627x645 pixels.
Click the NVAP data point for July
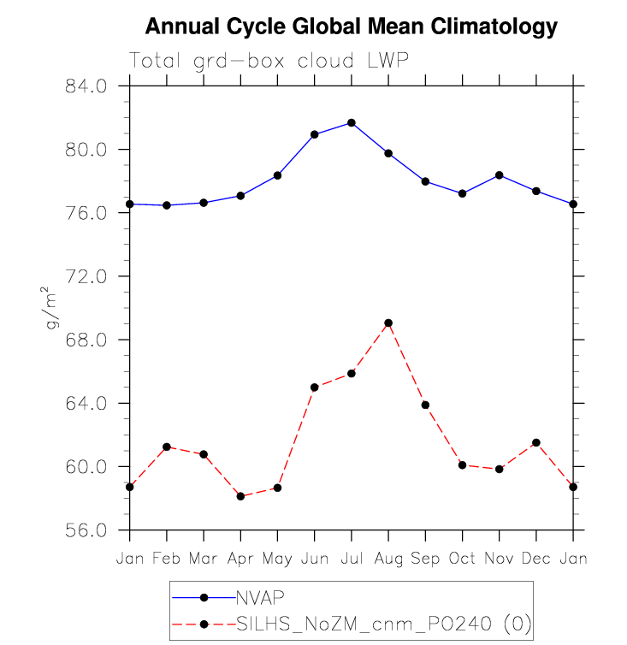click(x=351, y=123)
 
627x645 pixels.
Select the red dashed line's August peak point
click(x=388, y=322)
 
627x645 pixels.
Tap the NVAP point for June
click(x=314, y=134)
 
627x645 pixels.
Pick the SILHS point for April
click(x=240, y=496)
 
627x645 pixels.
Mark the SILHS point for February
click(x=167, y=447)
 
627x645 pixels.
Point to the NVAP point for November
click(x=499, y=175)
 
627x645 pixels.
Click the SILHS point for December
click(x=535, y=442)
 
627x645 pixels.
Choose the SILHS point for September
click(x=425, y=405)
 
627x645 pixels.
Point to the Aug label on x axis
click(x=388, y=559)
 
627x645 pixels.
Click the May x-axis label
click(x=277, y=559)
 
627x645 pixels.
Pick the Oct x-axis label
click(x=462, y=559)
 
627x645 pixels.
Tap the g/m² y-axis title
click(x=53, y=308)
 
